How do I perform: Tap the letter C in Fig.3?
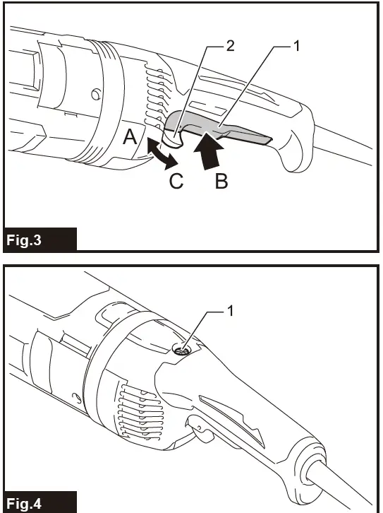coord(176,182)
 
